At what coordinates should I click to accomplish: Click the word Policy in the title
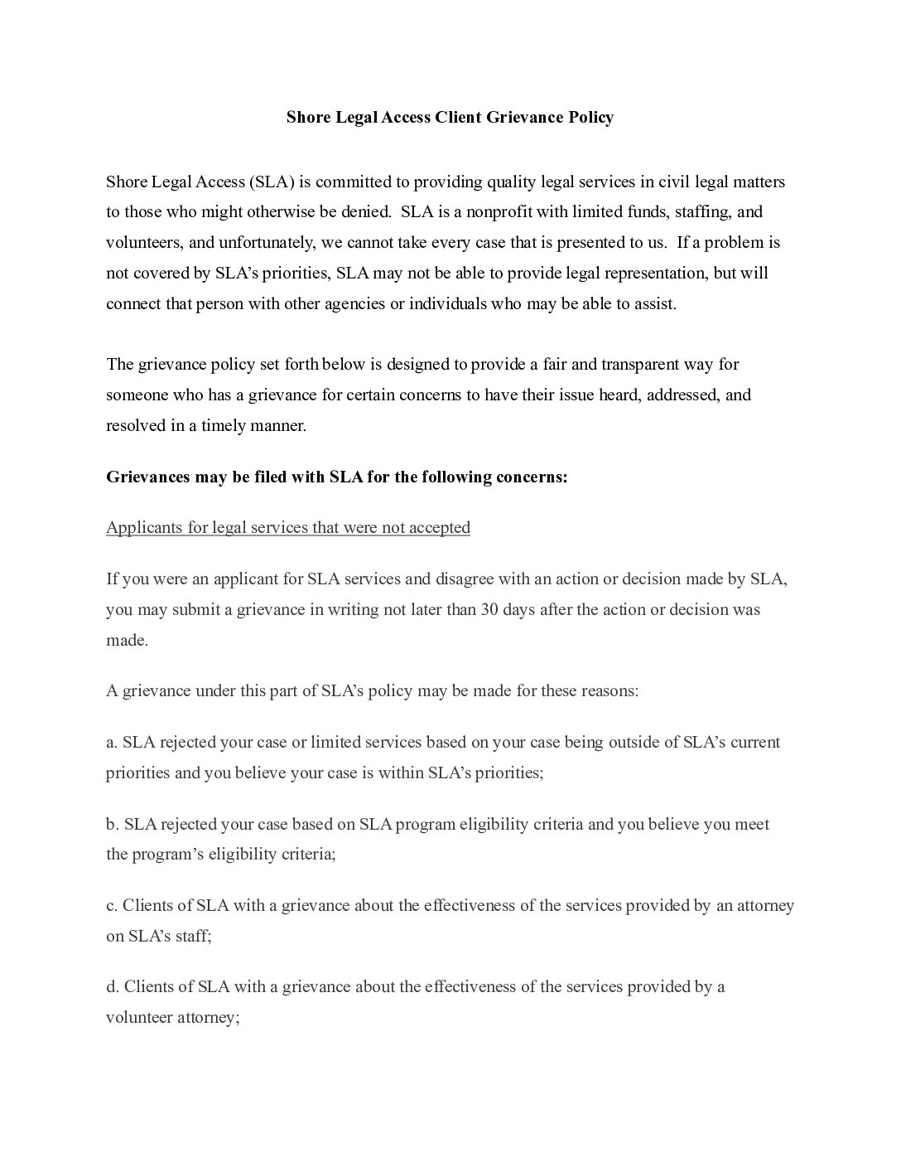[590, 117]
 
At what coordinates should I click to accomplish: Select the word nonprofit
[499, 212]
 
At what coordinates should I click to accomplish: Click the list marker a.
[112, 743]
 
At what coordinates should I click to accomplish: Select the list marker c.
[112, 906]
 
